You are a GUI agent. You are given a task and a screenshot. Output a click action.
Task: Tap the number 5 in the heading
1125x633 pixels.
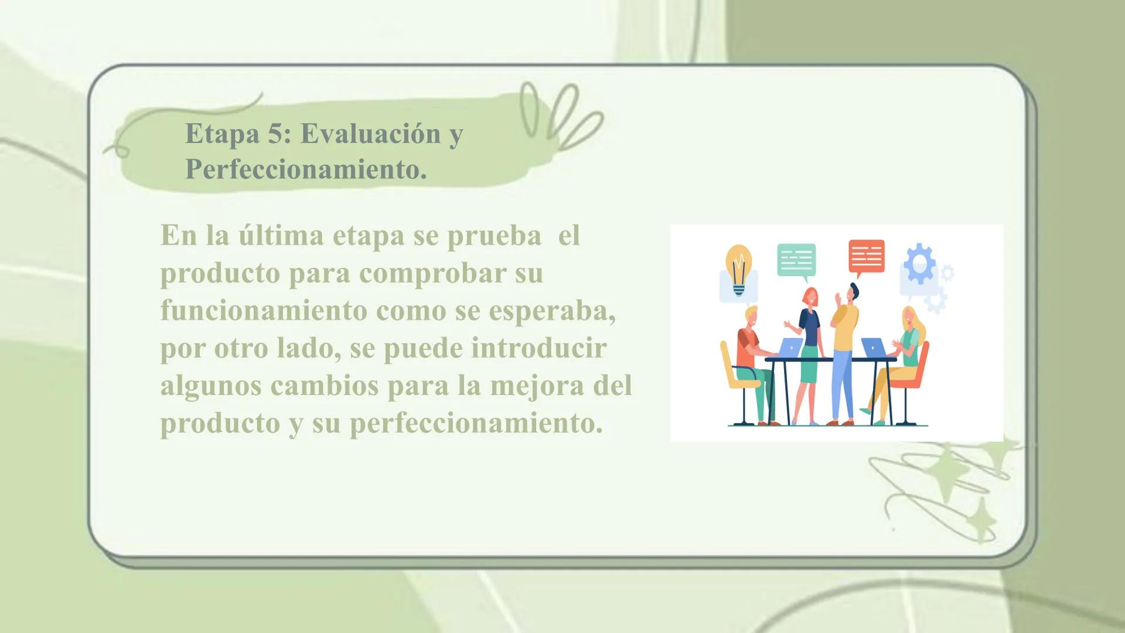coord(275,134)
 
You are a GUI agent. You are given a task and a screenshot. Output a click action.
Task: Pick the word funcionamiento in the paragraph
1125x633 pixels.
coord(264,310)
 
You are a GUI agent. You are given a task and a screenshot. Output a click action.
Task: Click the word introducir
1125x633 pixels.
coord(539,348)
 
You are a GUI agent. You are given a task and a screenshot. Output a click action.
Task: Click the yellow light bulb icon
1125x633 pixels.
coord(739,269)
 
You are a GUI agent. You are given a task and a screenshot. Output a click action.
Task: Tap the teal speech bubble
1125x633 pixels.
coord(796,260)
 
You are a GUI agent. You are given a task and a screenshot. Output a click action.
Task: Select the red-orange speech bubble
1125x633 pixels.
coord(866,257)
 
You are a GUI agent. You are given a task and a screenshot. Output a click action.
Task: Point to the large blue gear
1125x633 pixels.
coord(919,263)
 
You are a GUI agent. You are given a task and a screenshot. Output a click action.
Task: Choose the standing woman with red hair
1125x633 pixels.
coord(809,328)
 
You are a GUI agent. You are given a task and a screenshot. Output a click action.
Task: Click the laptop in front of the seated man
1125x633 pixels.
coord(792,346)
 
